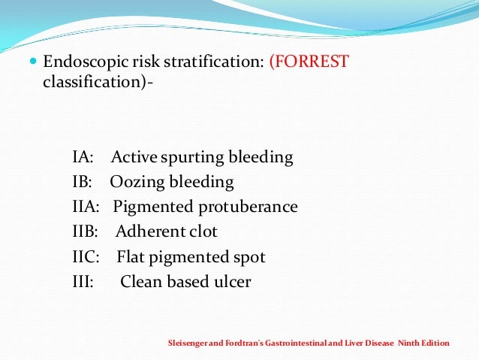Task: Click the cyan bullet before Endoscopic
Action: [31, 62]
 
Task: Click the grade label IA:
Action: [83, 158]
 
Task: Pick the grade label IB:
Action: [82, 183]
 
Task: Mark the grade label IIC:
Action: [86, 257]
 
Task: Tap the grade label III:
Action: [83, 282]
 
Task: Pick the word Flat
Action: [131, 257]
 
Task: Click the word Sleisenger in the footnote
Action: [186, 343]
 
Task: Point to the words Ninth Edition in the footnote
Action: [423, 343]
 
